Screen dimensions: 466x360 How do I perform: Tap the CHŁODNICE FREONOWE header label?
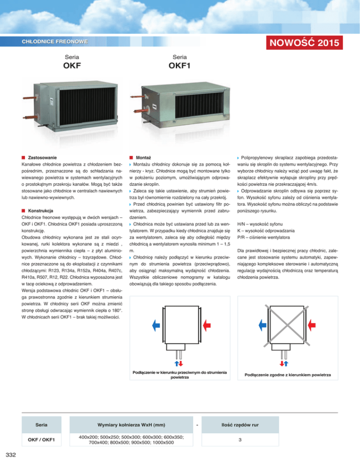(x=55, y=42)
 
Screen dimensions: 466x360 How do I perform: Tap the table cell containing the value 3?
(x=240, y=440)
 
